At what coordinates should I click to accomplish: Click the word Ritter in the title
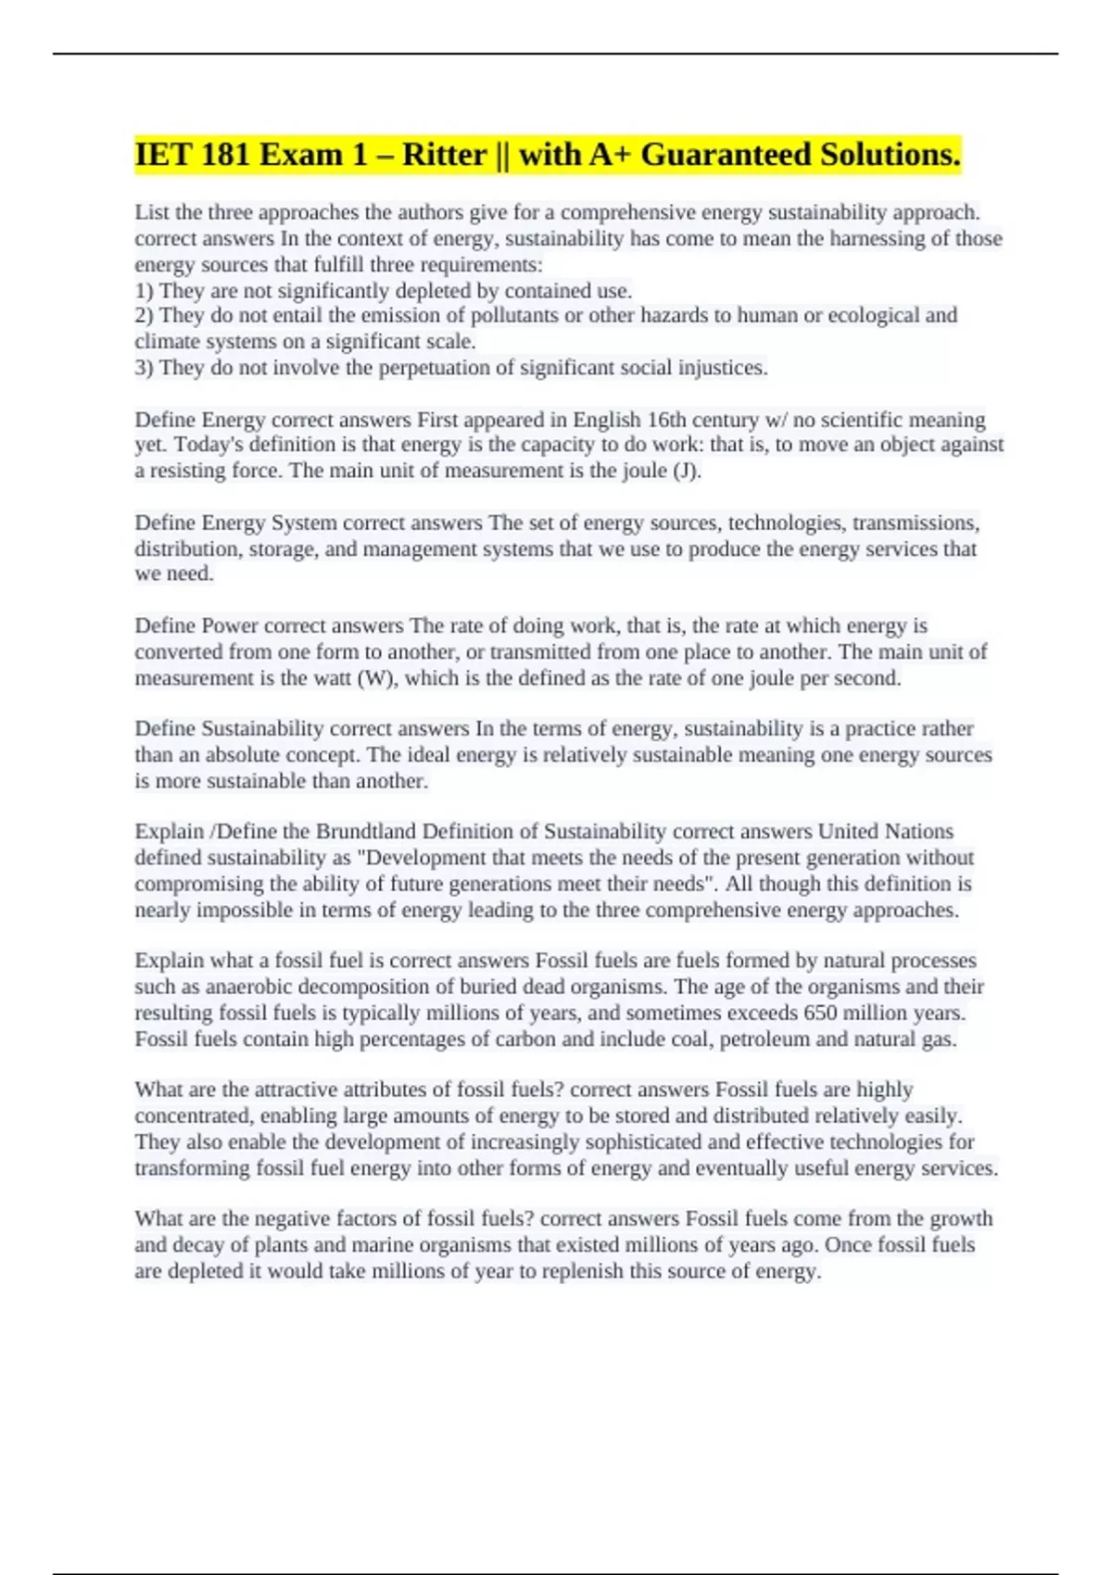pyautogui.click(x=444, y=155)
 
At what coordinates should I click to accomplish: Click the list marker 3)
pyautogui.click(x=145, y=368)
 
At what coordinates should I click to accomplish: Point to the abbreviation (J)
pyautogui.click(x=686, y=471)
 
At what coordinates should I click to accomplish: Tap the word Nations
pyautogui.click(x=918, y=831)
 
